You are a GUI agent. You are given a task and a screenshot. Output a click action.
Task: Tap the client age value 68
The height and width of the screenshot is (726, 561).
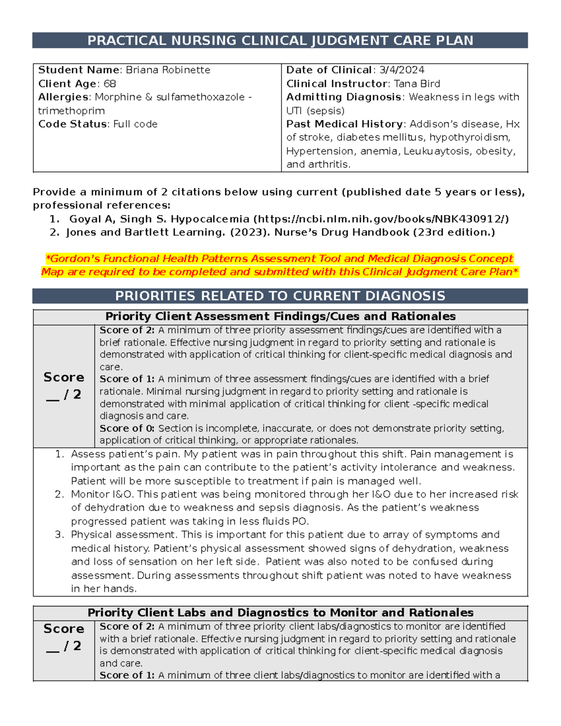pos(110,84)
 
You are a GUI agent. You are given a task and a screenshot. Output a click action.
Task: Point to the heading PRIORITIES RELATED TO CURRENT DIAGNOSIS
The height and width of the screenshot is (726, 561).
pos(280,296)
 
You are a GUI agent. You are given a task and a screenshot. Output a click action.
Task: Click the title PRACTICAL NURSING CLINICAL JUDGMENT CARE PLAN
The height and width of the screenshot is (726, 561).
pos(280,41)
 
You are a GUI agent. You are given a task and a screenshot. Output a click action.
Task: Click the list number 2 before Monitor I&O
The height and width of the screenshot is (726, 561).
pos(59,495)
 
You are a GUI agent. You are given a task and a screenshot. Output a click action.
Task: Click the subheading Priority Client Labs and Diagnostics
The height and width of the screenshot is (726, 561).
pos(280,613)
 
